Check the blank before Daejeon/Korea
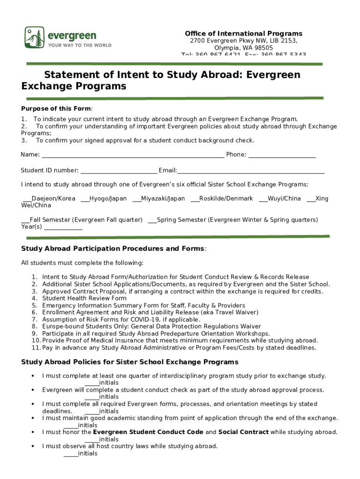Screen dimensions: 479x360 (x=27, y=201)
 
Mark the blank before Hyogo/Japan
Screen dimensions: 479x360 (x=85, y=201)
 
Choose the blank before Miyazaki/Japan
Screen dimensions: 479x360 (x=137, y=201)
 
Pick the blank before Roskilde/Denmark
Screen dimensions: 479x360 (x=195, y=201)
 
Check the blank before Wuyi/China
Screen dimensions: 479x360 (x=263, y=201)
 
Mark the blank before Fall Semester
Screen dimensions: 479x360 (x=25, y=222)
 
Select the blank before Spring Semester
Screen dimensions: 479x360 (x=152, y=222)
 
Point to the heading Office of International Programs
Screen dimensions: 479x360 (x=244, y=34)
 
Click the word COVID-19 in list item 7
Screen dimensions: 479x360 (x=152, y=319)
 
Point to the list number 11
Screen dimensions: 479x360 (x=36, y=348)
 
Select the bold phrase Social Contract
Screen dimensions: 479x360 (x=243, y=432)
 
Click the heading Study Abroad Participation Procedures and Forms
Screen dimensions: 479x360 (x=113, y=248)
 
